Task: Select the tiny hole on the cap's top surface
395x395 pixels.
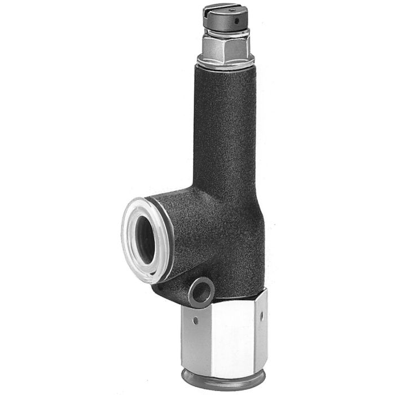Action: click(x=233, y=10)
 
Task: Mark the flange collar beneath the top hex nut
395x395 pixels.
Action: click(x=226, y=62)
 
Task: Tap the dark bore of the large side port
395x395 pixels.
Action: click(x=145, y=238)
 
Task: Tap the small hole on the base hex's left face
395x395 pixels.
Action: click(x=196, y=321)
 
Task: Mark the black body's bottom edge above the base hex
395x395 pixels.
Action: click(x=237, y=296)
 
